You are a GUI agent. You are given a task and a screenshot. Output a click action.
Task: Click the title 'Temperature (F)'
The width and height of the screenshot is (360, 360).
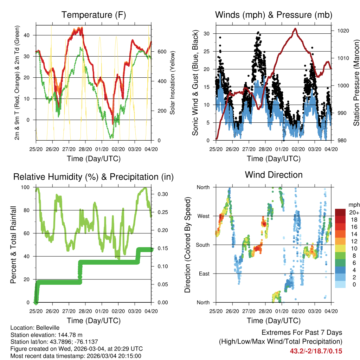94,15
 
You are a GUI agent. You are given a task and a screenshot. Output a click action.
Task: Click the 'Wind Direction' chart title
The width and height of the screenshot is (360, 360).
274,174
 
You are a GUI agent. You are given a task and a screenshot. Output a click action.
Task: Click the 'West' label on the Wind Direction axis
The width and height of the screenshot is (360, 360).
203,216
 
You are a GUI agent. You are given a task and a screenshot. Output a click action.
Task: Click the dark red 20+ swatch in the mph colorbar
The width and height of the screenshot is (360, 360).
341,212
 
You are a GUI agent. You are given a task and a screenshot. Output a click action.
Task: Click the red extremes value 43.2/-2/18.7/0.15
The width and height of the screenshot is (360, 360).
316,351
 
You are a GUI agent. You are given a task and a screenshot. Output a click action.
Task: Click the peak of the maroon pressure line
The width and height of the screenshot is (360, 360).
295,28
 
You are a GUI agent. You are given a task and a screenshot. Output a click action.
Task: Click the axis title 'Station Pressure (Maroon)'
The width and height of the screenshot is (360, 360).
356,83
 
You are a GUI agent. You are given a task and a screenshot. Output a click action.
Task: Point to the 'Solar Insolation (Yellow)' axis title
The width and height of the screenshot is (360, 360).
173,83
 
